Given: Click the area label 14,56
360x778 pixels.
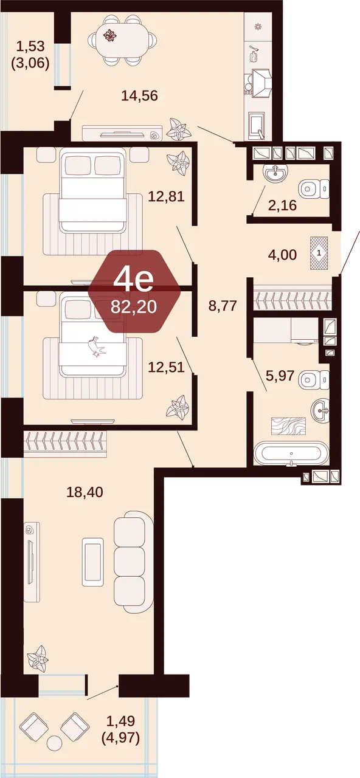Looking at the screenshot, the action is click(x=139, y=95).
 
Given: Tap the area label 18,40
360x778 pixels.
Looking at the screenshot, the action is click(x=85, y=492).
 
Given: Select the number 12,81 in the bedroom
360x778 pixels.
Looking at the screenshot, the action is click(x=166, y=196).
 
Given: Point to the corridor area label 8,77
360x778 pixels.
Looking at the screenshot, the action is click(x=223, y=306).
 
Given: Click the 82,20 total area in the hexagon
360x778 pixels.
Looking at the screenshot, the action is click(x=134, y=307).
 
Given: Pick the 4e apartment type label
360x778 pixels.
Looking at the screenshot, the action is click(x=133, y=280).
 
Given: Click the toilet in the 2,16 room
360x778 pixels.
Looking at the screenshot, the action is click(x=314, y=189).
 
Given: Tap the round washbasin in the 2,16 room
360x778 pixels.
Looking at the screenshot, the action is click(x=275, y=173).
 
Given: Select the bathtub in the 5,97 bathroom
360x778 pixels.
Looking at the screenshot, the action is click(x=291, y=453).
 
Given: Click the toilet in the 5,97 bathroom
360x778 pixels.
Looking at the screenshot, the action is click(x=314, y=380).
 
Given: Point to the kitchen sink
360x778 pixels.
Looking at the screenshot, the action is click(x=257, y=126).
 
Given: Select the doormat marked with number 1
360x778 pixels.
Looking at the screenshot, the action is click(x=319, y=253).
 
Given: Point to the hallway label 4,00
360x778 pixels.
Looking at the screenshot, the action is click(x=282, y=255).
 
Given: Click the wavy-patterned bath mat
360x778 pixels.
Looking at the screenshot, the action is click(x=288, y=426).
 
